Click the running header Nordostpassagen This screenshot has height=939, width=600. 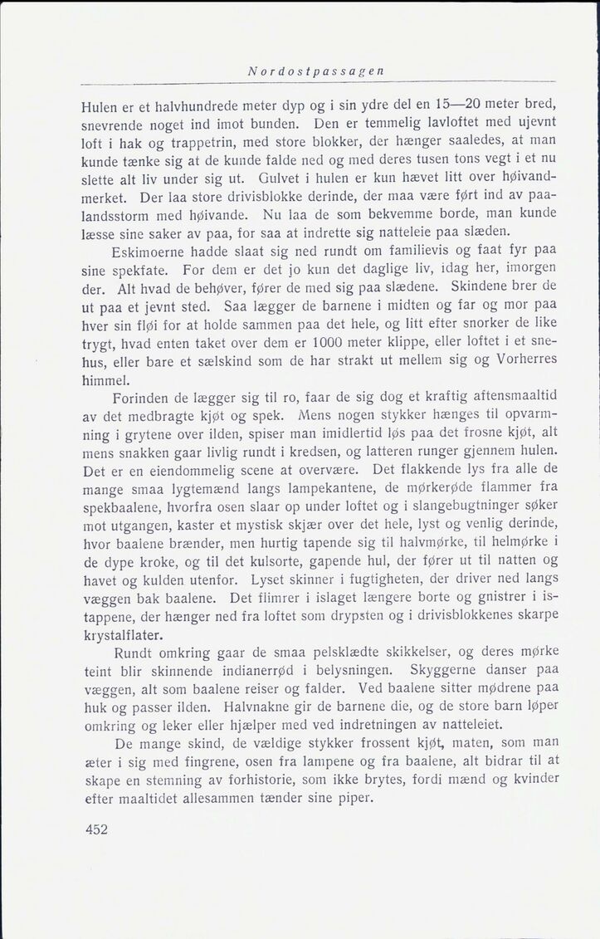pos(315,72)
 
